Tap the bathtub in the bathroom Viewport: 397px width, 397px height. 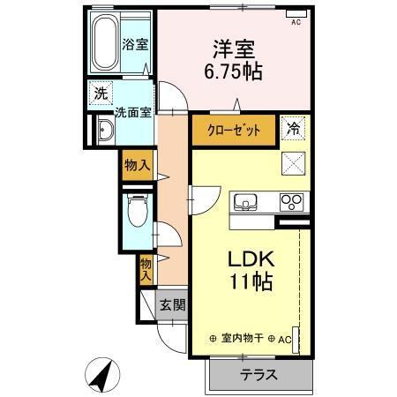pos(108,42)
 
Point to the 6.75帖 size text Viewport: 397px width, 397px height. pos(232,72)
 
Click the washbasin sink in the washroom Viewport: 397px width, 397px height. pos(105,131)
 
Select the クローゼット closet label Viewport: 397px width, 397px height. pos(234,130)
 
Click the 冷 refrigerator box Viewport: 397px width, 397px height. pos(293,129)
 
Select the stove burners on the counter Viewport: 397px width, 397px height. pos(292,202)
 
